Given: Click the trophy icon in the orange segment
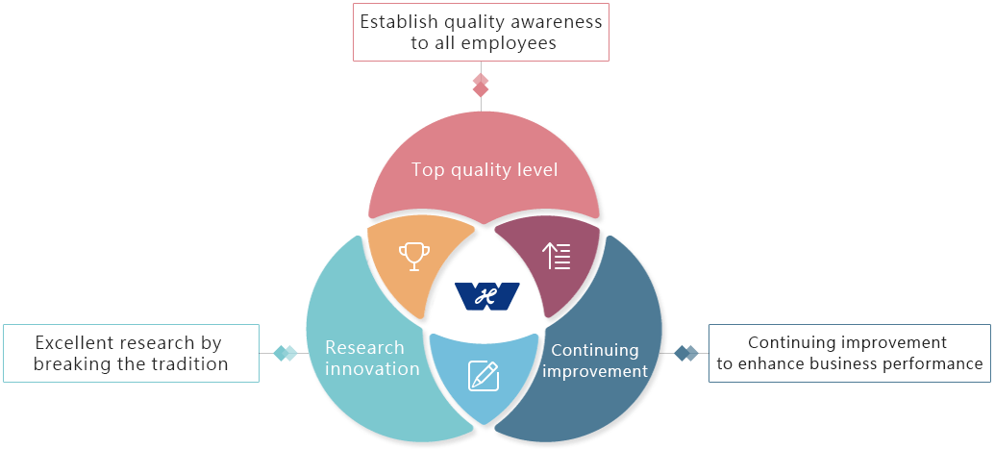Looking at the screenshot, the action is click(413, 257).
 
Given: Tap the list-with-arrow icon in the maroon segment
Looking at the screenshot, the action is click(557, 256).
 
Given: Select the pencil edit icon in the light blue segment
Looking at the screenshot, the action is click(484, 375).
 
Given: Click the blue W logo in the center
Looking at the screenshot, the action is click(487, 296).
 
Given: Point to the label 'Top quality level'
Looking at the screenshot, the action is click(485, 170).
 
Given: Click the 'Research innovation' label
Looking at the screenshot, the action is click(372, 358).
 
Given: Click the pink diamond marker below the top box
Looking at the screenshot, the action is click(481, 86).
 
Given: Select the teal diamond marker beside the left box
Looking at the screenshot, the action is click(285, 353).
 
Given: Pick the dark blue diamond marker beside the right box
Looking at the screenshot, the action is click(686, 353).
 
